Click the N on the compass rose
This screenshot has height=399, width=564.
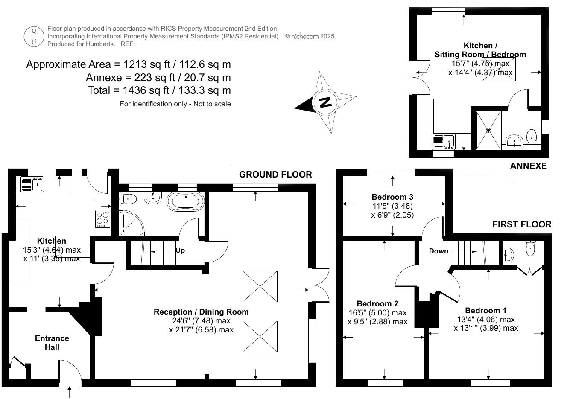tap(325, 102)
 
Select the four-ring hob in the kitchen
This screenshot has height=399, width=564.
tap(102, 218)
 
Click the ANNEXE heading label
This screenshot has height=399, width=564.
tap(528, 166)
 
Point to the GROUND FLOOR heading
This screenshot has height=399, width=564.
tap(275, 175)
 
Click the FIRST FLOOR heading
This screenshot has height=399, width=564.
tap(522, 224)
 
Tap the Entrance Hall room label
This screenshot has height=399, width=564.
tap(52, 343)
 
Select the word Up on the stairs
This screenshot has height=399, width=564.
tap(180, 250)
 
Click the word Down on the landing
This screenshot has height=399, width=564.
tap(438, 251)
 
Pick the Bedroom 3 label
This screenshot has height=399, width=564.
tap(392, 197)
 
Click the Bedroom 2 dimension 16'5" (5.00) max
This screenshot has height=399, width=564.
tap(377, 313)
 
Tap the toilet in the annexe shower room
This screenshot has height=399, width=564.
tap(532, 136)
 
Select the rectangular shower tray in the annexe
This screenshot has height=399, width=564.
tap(488, 130)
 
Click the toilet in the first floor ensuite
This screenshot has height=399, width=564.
tap(530, 248)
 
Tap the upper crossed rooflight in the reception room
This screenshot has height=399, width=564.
tap(260, 286)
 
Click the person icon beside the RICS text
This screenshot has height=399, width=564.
tap(34, 36)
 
